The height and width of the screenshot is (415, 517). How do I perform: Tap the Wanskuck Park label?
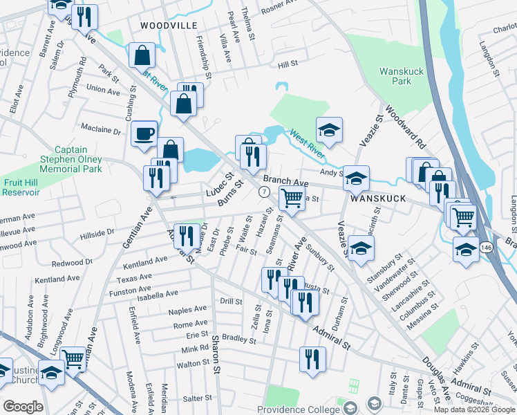(x=395, y=76)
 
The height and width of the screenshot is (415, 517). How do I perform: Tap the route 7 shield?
(x=263, y=191)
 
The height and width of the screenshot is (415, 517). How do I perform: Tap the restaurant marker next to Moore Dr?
(x=185, y=235)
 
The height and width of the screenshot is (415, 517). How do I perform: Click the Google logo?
(x=23, y=407)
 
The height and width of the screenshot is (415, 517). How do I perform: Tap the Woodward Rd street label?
(x=405, y=127)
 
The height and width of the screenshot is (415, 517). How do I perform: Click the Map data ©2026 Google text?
(x=473, y=409)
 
